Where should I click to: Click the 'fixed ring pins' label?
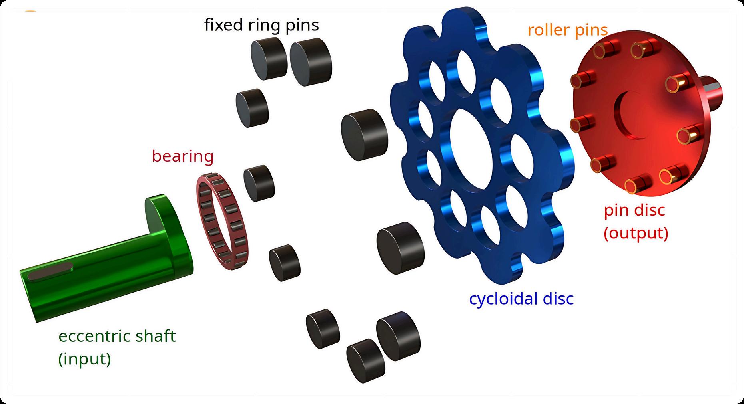pos(261,25)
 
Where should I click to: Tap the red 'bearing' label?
pos(183,156)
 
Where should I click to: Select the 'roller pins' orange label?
pos(567,30)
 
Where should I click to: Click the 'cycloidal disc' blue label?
pos(521,298)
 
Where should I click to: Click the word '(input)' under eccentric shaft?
pos(84,359)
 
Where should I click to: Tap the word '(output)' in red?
pos(636,233)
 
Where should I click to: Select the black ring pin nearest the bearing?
pos(259,182)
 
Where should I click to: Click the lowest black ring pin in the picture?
pos(366,358)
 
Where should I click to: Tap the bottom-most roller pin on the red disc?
pos(635,186)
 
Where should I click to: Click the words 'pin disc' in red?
pos(634,210)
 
